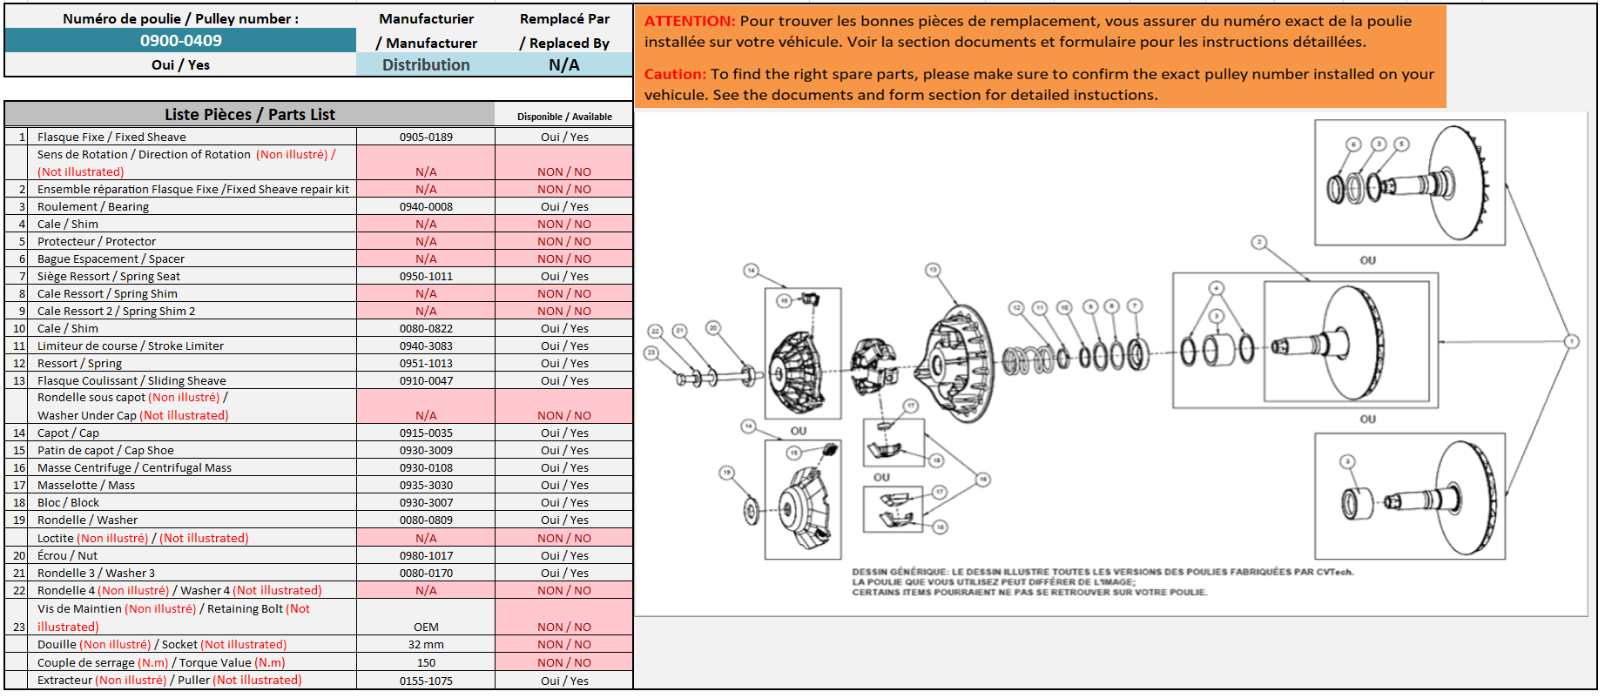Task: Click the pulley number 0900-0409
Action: (x=180, y=40)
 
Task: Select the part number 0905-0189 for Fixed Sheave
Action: (x=426, y=137)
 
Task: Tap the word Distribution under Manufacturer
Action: (x=426, y=64)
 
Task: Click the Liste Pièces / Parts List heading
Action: (x=250, y=114)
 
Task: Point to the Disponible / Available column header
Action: (x=564, y=117)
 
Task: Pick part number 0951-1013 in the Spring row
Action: (x=426, y=363)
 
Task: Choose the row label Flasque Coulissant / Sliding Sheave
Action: (x=132, y=380)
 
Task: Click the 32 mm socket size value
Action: (x=426, y=644)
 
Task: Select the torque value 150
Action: (x=426, y=662)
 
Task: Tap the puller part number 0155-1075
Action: (x=426, y=681)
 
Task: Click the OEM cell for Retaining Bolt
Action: (x=426, y=627)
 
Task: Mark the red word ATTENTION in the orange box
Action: (x=690, y=21)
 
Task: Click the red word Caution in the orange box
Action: (x=674, y=74)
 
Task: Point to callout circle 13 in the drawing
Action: (x=933, y=270)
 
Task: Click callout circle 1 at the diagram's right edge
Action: (x=1571, y=341)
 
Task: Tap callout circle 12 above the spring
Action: (x=1015, y=307)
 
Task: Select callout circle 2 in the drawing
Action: (x=1258, y=242)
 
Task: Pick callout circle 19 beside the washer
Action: (x=726, y=473)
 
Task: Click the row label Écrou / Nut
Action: (x=67, y=555)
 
